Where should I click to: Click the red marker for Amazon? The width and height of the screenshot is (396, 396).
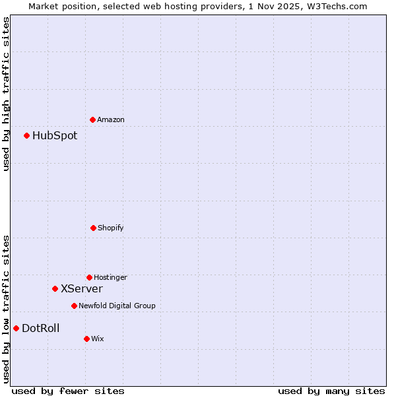point(92,119)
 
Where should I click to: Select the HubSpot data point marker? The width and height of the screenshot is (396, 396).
point(26,136)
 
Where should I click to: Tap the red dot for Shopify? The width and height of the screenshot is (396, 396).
point(93,228)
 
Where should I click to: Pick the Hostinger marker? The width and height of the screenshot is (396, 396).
point(89,277)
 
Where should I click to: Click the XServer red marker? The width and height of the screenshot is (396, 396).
point(55,288)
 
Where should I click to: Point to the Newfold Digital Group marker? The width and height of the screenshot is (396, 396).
point(74,306)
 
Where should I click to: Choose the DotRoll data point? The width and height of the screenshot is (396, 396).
point(16,328)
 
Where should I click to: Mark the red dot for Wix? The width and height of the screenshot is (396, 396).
point(86,339)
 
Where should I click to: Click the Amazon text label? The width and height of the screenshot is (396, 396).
point(111,119)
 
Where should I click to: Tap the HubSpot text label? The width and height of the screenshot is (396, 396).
point(55,136)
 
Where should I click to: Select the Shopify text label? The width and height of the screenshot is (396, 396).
point(111,228)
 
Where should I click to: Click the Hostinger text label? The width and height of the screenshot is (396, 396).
point(110,277)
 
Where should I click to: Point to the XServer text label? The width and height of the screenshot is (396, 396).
point(82,288)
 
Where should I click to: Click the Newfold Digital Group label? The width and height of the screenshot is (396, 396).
point(117,306)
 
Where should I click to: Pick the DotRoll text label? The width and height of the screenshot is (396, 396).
point(41,328)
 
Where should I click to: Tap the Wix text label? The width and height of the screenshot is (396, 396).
point(98,339)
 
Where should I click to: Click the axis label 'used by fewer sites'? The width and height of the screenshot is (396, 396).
point(68,391)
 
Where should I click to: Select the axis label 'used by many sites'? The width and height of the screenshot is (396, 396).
point(331,391)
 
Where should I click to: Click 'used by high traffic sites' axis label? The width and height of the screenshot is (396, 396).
point(7,94)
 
